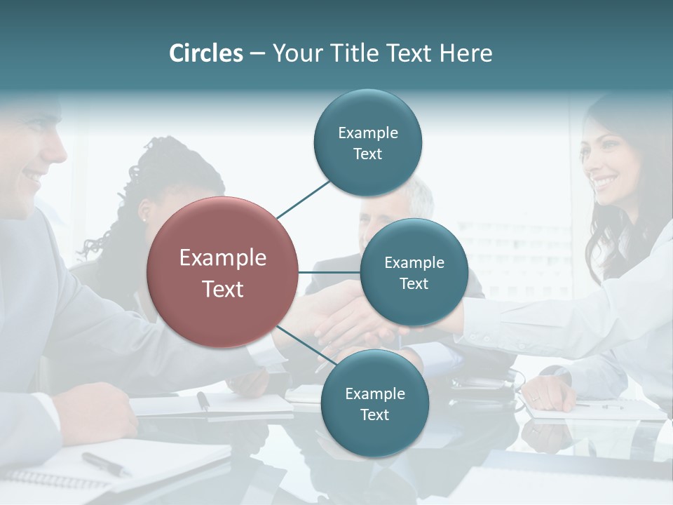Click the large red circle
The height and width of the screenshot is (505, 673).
coord(223,272)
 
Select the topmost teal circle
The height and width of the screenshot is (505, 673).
coord(367,143)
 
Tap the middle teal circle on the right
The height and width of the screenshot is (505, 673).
coord(414,272)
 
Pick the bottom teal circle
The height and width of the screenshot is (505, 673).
coord(374,403)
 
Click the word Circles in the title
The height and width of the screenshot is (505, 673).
coord(206,53)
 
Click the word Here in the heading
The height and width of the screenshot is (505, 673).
coord(465,53)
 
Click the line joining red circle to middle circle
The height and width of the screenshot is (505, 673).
coord(329,272)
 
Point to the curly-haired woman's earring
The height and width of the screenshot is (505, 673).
coord(144,218)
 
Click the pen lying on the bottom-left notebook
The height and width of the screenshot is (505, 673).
coord(105,464)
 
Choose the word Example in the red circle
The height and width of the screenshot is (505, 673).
coord(223,258)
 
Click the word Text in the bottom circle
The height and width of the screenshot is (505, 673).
coord(374,415)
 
